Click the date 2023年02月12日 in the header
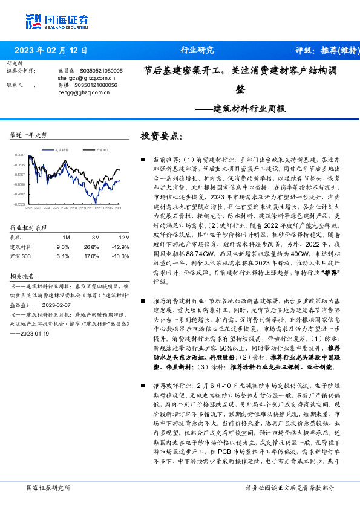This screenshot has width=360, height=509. point(50,50)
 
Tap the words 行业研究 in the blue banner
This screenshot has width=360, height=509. point(197,50)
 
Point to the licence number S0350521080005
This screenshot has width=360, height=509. point(101,71)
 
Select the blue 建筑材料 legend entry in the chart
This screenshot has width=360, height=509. point(59,149)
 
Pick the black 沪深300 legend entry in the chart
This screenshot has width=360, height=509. point(99,149)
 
